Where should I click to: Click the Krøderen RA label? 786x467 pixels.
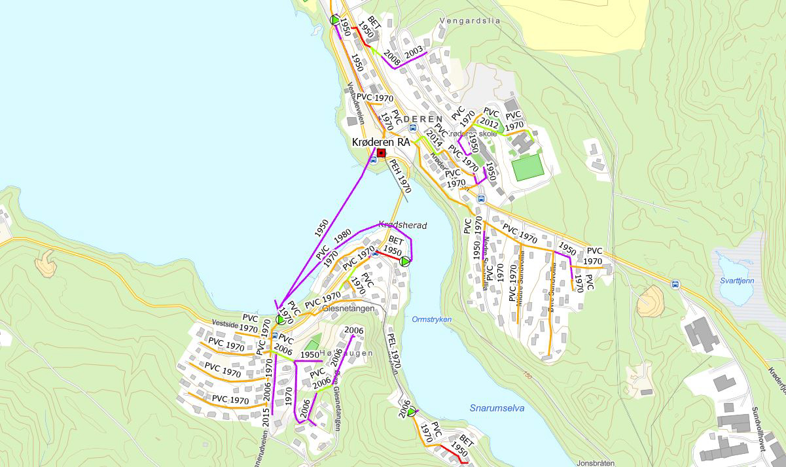pos(380,142)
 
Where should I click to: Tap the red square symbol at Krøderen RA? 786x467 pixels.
pos(382,153)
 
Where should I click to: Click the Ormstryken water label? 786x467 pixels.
pos(432,319)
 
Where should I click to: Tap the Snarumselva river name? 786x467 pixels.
pos(497,408)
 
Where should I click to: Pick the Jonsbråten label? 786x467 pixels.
pos(597,463)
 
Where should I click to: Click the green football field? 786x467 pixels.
pos(527,167)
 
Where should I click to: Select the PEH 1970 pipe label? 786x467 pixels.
pos(399,176)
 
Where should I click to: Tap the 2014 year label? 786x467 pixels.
pos(434,139)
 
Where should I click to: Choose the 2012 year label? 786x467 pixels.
pos(489,122)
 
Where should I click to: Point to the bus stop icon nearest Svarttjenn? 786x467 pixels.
pos(675,285)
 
